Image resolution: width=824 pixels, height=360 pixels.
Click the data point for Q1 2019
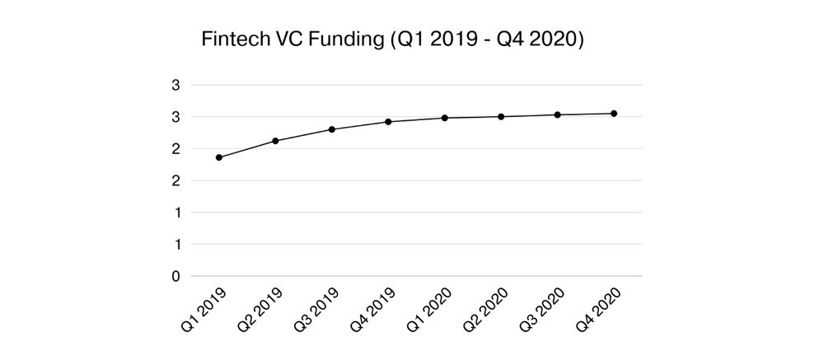pos(218,157)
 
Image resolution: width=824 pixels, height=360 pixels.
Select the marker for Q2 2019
pos(275,141)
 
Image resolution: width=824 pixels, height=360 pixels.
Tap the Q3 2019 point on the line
pos(332,129)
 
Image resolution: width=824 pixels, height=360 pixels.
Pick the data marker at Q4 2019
pos(388,122)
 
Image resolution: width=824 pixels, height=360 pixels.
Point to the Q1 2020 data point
pos(445,118)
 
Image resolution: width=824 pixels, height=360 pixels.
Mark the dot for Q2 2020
pos(501,116)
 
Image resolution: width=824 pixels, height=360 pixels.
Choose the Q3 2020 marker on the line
pos(558,115)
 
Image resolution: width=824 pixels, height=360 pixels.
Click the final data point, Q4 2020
pos(614,114)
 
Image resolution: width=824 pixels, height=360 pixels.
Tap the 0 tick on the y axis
pos(176,277)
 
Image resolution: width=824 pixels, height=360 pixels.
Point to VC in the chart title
pos(290,40)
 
